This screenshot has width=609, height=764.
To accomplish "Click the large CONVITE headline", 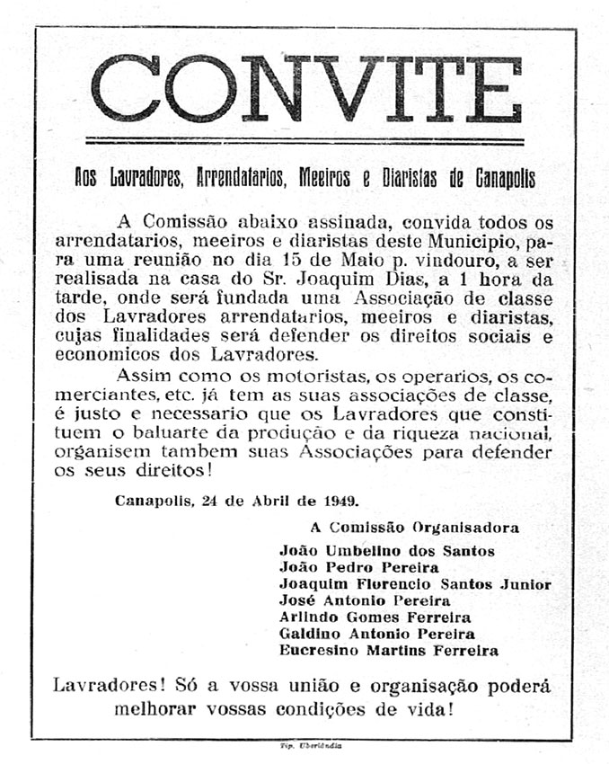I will coord(305,89).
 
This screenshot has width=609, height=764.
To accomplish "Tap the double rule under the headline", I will coord(305,141).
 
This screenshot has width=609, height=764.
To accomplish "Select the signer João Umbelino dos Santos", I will coord(387,550).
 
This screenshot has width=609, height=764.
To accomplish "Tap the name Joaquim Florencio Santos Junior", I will coord(415,583).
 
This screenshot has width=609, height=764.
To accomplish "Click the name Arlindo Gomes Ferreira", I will coord(375,617).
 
